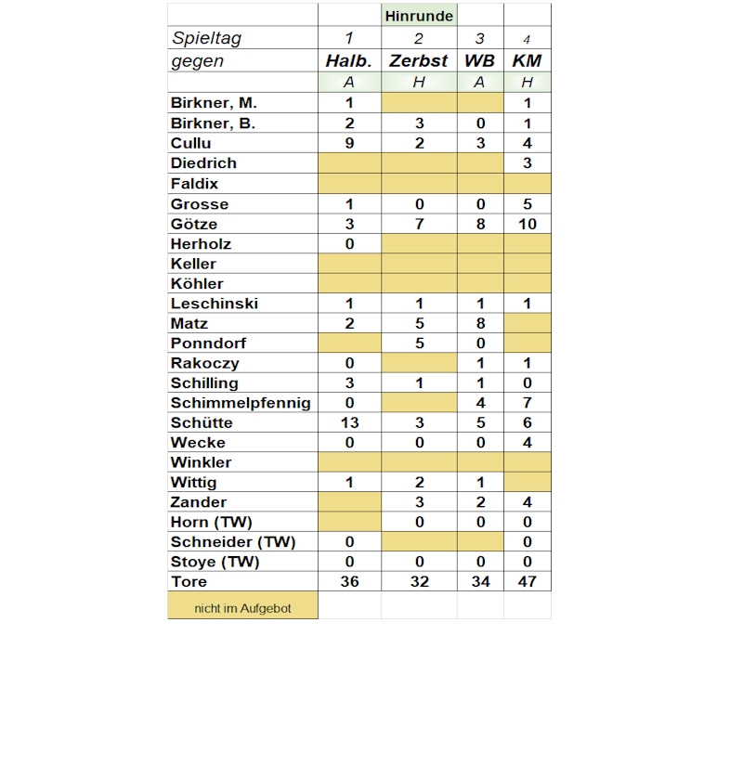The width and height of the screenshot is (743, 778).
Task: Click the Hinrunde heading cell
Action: pos(419,16)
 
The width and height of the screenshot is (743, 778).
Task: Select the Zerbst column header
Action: pos(419,61)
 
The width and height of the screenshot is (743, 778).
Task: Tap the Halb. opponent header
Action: pos(349,61)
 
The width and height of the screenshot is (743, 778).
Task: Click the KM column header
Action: pos(527,61)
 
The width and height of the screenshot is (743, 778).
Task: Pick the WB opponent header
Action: pos(480,61)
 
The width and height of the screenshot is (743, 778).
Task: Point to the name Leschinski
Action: pos(215,304)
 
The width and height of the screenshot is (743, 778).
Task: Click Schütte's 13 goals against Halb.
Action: pos(349,422)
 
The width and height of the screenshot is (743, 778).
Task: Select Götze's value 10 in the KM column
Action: pos(527,224)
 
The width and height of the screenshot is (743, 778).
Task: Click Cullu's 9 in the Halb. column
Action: pos(349,143)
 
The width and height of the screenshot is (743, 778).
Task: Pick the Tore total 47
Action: pos(527,582)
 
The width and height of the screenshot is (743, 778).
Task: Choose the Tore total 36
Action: pos(349,582)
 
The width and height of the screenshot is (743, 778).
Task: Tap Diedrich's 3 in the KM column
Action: pos(527,163)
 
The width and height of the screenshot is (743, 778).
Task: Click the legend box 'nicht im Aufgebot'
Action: pos(242,607)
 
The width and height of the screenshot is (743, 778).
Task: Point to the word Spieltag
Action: pos(205,38)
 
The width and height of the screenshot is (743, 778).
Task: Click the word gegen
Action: pos(197,61)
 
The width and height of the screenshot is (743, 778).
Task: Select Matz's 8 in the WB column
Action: pos(480,323)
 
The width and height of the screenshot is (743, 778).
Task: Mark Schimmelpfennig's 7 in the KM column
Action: pos(527,403)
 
